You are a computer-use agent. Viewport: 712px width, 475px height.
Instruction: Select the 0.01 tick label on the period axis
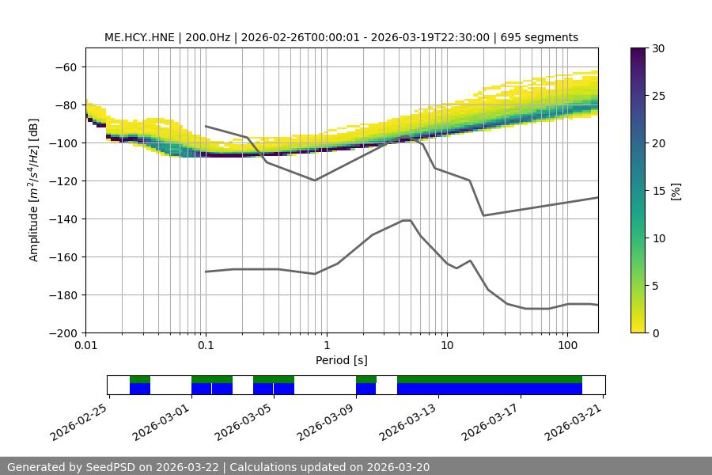coord(85,345)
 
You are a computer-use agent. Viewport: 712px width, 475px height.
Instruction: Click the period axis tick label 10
coord(446,345)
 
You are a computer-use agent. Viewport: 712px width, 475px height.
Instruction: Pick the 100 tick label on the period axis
coord(567,345)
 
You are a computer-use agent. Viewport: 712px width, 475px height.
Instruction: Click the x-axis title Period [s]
coord(342,360)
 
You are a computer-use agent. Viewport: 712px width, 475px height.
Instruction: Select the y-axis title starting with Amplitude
coord(34,190)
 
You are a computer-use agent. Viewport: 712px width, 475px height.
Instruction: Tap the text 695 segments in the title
coord(540,37)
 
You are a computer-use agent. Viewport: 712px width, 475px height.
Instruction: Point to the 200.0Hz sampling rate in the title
coord(208,37)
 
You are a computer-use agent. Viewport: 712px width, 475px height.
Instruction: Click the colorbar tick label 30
coord(657,48)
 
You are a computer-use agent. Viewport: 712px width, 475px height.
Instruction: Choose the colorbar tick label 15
coord(657,191)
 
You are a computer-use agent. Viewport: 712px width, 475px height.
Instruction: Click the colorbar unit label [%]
coord(676,191)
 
